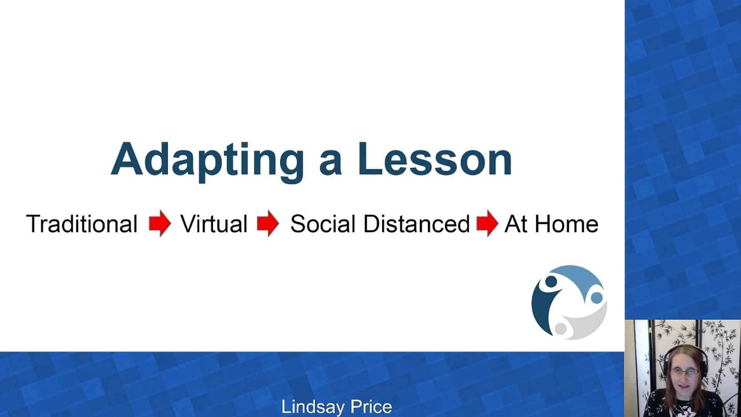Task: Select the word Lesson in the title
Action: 435,159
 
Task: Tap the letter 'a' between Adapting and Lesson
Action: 331,163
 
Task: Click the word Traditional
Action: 82,224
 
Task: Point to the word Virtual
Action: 214,224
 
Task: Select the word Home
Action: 567,224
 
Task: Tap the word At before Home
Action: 516,224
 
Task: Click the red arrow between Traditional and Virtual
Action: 160,223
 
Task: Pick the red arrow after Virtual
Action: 268,223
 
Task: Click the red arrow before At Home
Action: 487,223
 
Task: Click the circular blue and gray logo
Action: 569,302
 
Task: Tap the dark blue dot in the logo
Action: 551,281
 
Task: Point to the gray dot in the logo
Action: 561,329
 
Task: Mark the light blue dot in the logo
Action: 597,298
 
